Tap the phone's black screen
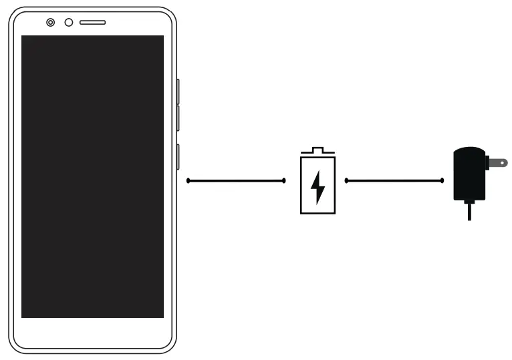[92, 176]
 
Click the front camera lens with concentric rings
[51, 23]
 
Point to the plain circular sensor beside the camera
[68, 23]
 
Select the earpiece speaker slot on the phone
[92, 23]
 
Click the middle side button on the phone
[178, 118]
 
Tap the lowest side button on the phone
[178, 156]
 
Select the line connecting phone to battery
[236, 180]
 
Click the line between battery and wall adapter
[394, 180]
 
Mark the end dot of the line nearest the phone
[188, 180]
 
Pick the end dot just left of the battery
[284, 180]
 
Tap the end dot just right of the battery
[346, 180]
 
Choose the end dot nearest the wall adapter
[442, 180]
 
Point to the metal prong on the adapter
[497, 162]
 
